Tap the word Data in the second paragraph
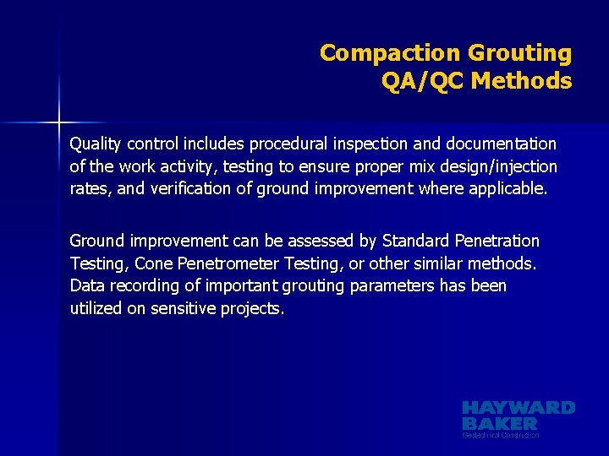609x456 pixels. pyautogui.click(x=87, y=285)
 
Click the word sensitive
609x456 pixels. pyautogui.click(x=184, y=308)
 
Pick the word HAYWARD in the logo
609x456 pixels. pyautogui.click(x=518, y=408)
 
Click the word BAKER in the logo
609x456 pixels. pyautogui.click(x=500, y=423)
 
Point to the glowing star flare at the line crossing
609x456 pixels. pyautogui.click(x=60, y=123)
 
